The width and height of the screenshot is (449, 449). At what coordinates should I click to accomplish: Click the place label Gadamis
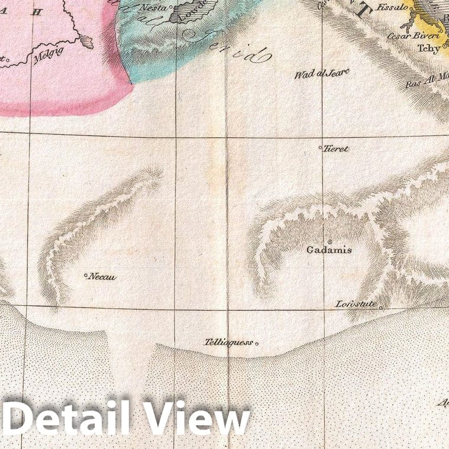coord(329,250)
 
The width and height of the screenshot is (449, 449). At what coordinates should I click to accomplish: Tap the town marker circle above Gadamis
coord(330,240)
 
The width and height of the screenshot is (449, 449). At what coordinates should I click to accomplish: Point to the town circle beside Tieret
coord(321,147)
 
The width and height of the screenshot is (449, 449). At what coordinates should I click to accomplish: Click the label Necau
coord(102,276)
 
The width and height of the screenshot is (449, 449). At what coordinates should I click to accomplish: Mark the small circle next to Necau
coord(86,275)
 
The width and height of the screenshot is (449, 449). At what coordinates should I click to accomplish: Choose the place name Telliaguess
coord(228,342)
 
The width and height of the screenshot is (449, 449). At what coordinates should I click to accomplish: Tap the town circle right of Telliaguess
coord(257,343)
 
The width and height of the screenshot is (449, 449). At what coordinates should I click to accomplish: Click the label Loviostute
coord(356,304)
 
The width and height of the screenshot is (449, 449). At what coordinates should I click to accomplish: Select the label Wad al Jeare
coord(322,74)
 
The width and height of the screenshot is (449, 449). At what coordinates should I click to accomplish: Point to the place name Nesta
coord(153,8)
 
